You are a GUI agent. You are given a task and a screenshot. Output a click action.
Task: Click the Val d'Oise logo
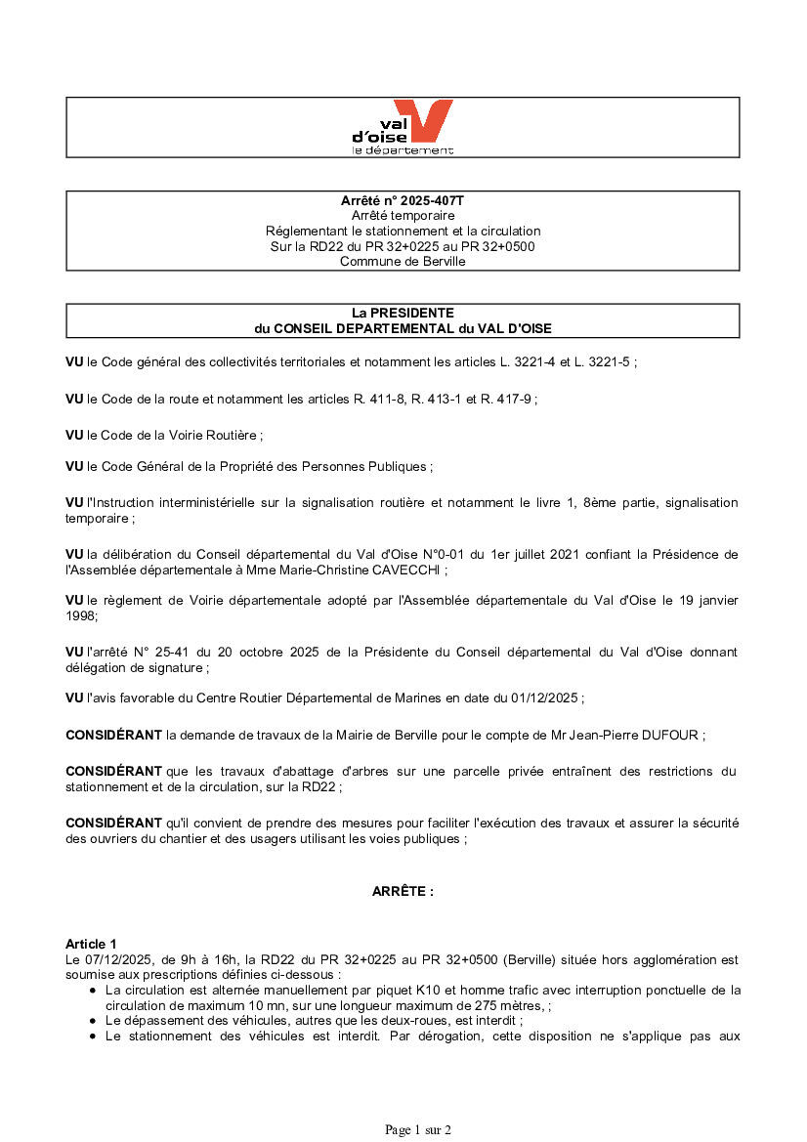(403, 127)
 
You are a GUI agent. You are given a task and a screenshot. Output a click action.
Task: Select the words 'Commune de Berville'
(403, 261)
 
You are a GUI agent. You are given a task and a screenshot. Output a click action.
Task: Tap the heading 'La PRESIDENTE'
(403, 313)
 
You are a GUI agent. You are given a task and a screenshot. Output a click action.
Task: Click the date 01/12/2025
(547, 698)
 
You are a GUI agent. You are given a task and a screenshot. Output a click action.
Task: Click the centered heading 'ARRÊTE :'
(403, 891)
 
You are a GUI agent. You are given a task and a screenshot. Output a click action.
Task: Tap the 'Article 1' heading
(91, 944)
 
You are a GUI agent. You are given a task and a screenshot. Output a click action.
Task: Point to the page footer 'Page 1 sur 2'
(418, 1130)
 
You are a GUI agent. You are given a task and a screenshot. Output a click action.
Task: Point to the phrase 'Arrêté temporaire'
(403, 215)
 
